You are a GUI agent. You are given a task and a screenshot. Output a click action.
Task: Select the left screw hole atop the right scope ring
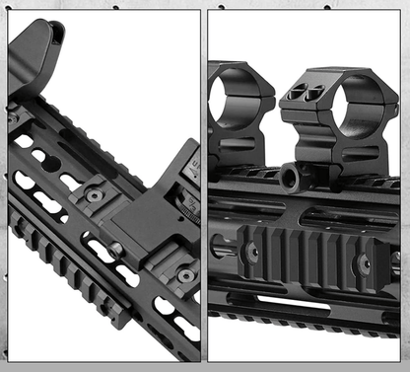pyautogui.click(x=294, y=91)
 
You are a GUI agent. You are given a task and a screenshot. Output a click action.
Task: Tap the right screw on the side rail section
pyautogui.click(x=364, y=260)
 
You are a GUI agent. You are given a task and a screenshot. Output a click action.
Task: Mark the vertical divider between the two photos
pyautogui.click(x=204, y=186)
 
